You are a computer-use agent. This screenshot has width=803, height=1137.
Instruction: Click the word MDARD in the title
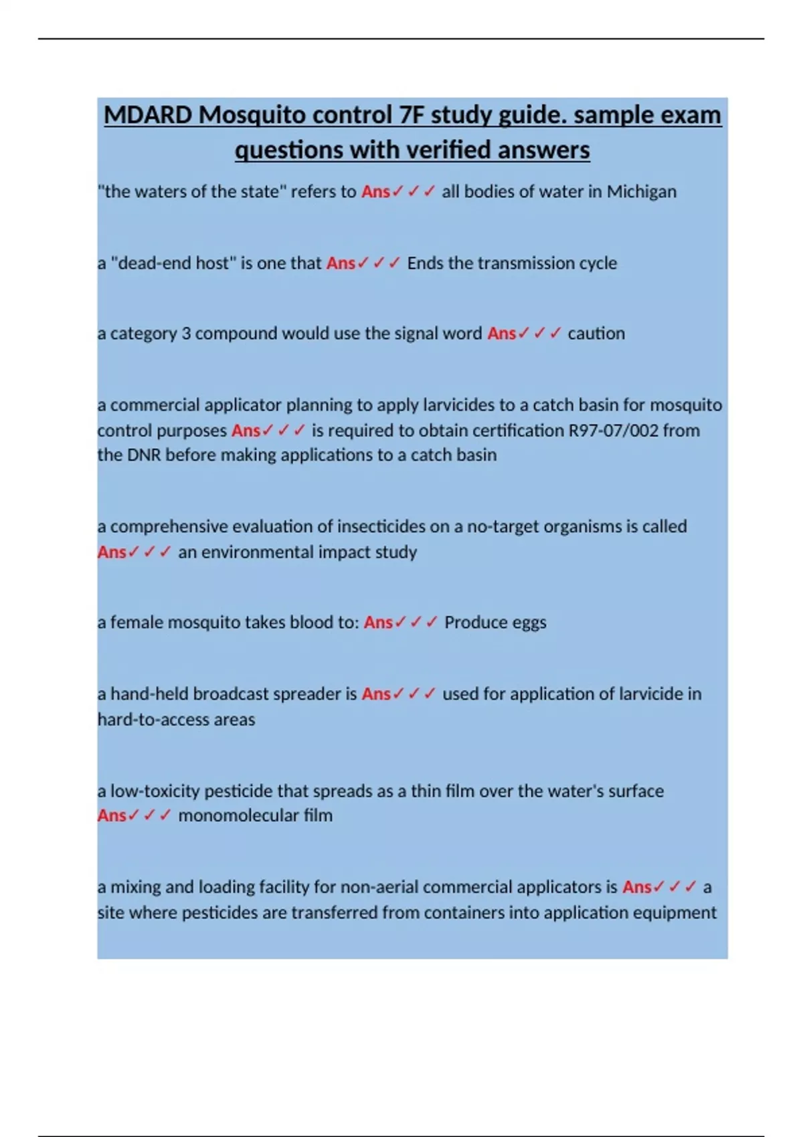(x=148, y=115)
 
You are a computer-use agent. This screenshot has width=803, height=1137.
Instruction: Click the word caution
(x=596, y=333)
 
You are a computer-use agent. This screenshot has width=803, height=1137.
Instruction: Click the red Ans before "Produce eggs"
(x=378, y=622)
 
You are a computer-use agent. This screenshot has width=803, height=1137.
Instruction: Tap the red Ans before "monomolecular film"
(x=112, y=815)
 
